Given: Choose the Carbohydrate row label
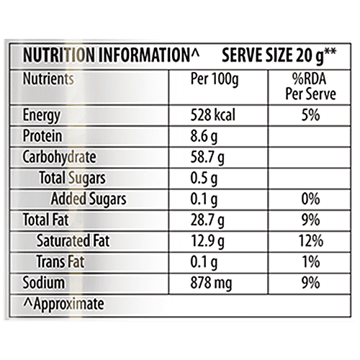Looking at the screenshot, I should click(60, 157).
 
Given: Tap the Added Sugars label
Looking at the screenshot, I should click(89, 199).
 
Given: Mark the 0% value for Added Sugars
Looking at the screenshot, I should click(302, 199).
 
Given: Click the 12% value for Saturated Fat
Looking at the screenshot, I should click(302, 240).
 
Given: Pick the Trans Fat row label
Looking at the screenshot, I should click(67, 261).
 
